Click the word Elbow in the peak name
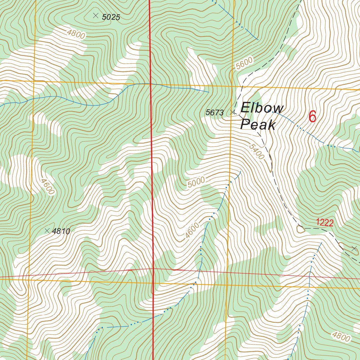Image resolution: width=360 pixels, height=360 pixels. click(x=262, y=108)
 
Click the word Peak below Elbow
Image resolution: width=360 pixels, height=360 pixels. click(x=257, y=124)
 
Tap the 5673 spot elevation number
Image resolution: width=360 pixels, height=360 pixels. click(x=214, y=112)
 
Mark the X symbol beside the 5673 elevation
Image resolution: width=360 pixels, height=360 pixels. click(x=232, y=112)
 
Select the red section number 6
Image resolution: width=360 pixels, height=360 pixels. click(x=312, y=117)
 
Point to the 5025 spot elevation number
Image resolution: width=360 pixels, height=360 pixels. click(x=111, y=17)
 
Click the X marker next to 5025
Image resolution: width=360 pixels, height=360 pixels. click(x=95, y=15)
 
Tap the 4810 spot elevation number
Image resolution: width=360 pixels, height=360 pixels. click(x=61, y=231)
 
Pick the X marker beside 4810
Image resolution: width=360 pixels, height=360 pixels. click(x=47, y=231)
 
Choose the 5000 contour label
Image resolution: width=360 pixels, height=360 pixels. click(x=196, y=182)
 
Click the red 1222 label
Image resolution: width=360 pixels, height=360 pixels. click(x=324, y=222)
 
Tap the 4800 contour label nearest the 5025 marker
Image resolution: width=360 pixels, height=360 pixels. click(x=76, y=34)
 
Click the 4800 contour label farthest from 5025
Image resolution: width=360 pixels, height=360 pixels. click(x=341, y=336)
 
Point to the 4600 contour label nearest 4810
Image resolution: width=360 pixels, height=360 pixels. click(x=47, y=186)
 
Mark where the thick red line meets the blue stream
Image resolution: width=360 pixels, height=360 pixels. click(x=150, y=84)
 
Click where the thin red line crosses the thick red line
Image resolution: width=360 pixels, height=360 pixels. click(x=153, y=269)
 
